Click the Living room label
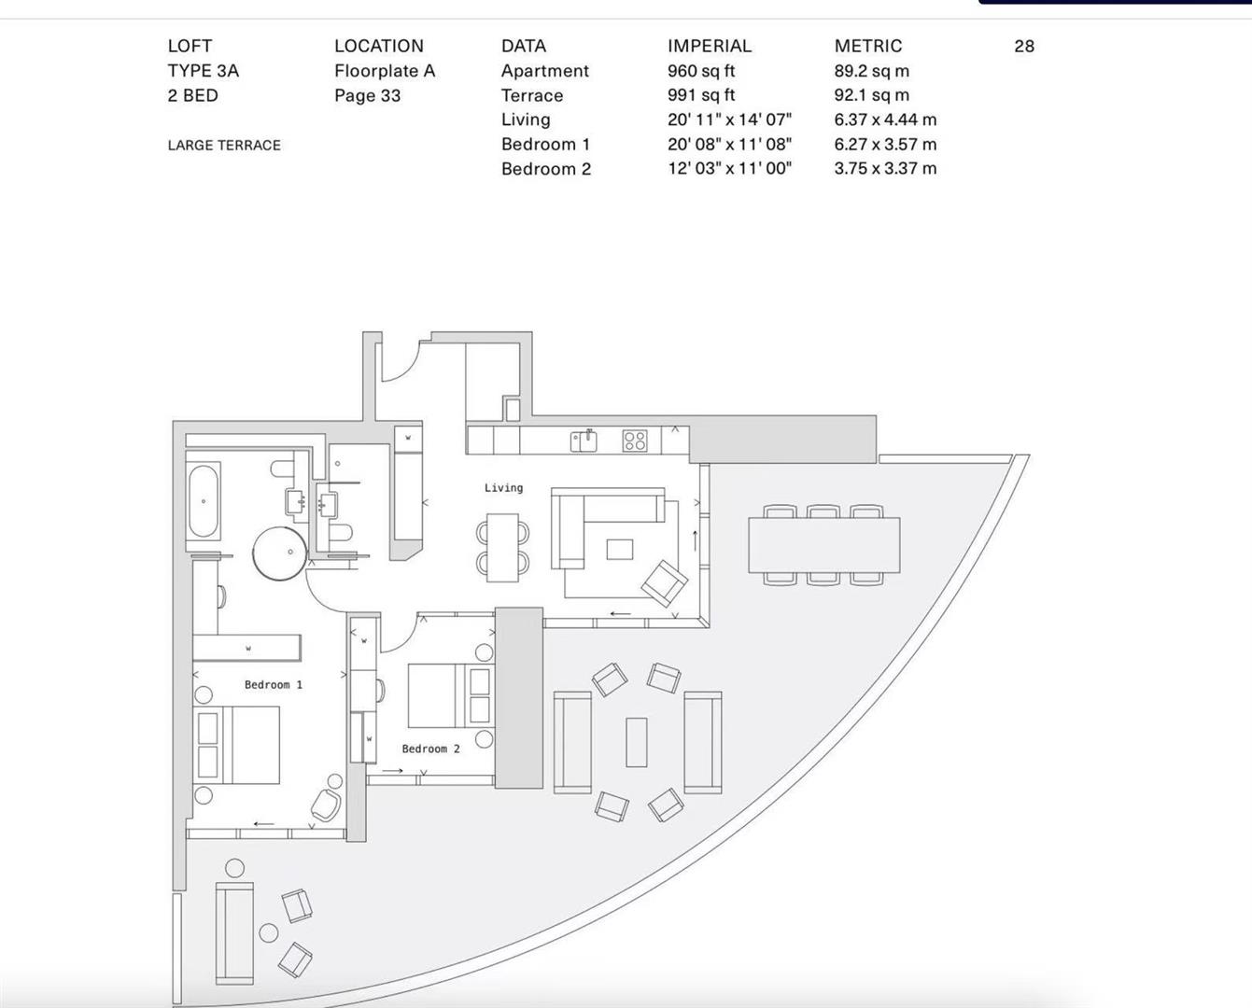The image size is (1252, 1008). (x=503, y=488)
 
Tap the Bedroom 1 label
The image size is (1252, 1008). (x=273, y=685)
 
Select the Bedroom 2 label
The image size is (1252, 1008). (x=430, y=749)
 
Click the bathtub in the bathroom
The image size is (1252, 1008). (x=204, y=501)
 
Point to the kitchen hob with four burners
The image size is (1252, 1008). (x=635, y=441)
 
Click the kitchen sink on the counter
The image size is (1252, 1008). (x=584, y=441)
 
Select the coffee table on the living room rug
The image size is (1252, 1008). (x=619, y=550)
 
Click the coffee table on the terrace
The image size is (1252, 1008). (x=637, y=742)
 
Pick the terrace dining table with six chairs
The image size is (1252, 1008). (x=823, y=545)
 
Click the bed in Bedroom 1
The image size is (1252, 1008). (x=238, y=745)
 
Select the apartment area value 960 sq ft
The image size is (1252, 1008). (x=701, y=71)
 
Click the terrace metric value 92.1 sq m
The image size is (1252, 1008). (x=871, y=95)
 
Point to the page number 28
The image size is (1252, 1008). (x=1024, y=47)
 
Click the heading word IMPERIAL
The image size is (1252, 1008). (x=710, y=46)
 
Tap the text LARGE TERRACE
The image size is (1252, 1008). (x=224, y=146)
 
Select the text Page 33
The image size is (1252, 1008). (x=367, y=95)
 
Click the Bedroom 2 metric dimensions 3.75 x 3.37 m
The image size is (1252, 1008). (x=885, y=169)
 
